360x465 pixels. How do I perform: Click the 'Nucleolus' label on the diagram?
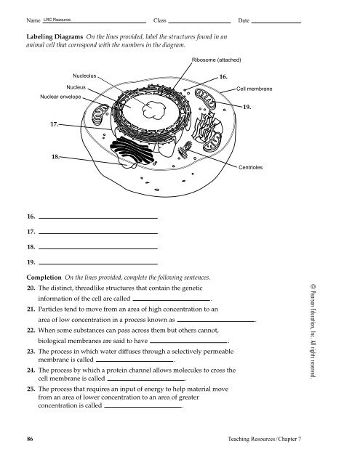coord(85,75)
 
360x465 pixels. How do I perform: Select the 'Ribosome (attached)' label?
coord(217,59)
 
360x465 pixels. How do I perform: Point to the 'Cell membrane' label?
coord(255,88)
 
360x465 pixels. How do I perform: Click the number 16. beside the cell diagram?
coord(224,76)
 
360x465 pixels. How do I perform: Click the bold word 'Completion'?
coord(44,278)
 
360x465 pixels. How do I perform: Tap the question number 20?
coord(31,288)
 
